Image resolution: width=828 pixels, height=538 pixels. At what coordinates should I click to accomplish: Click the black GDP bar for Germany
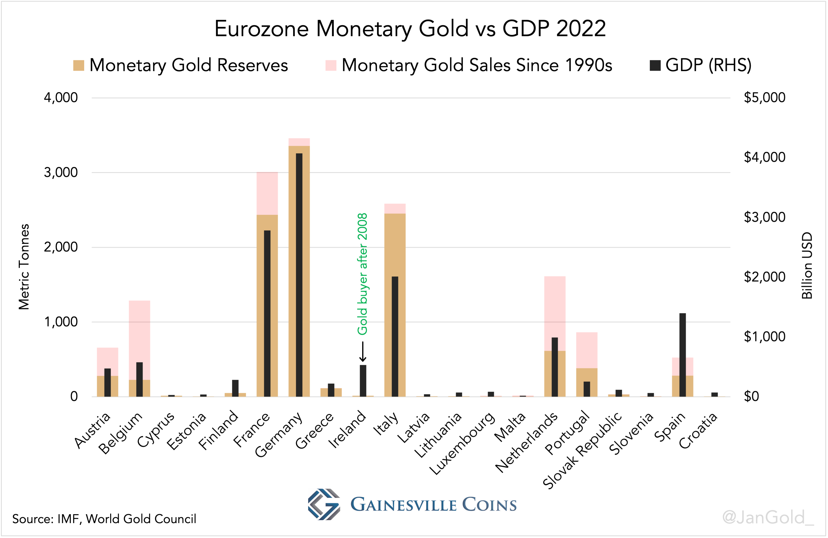299,275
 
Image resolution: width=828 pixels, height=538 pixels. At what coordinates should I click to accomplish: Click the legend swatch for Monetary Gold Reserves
79,65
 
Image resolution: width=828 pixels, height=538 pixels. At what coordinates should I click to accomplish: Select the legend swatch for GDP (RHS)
655,65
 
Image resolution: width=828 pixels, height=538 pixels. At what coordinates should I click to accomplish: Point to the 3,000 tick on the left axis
61,172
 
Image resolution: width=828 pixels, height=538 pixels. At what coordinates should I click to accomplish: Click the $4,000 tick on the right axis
764,157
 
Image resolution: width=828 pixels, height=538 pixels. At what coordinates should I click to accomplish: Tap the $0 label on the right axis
752,396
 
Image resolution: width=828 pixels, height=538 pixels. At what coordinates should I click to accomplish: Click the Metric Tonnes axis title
24,266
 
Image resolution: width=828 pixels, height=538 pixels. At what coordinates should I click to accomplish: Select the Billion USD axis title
807,265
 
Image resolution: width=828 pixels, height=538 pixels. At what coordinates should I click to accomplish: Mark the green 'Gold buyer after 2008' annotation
362,274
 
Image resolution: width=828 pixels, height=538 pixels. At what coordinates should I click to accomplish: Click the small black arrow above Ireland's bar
363,352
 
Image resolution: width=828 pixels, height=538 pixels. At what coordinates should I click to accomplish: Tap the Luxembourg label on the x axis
463,444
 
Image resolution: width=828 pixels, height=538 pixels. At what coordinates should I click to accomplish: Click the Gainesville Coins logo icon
324,504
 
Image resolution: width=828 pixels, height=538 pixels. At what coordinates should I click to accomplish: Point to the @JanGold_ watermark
768,517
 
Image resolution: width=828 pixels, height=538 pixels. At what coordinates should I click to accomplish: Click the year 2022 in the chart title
581,28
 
